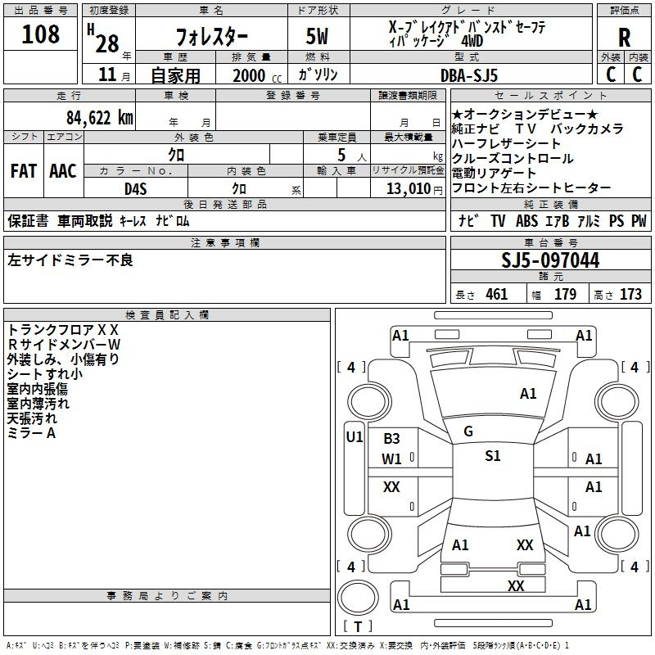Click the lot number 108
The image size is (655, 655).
point(40,34)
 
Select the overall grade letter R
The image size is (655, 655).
point(624,38)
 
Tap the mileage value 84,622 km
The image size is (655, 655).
point(100,118)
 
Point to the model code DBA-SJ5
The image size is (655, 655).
point(469,75)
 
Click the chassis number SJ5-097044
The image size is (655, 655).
point(550,260)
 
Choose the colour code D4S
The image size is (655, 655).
point(136,189)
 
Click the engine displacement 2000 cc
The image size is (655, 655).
point(257,76)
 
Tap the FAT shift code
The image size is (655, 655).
point(24,171)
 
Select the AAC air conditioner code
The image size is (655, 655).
point(63,171)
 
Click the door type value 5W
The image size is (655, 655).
point(317,36)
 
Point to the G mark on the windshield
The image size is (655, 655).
point(468,431)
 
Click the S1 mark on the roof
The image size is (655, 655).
point(493,456)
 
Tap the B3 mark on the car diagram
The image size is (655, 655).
point(391,439)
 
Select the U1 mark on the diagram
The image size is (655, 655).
point(355,437)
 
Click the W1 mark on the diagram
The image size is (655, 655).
point(391,459)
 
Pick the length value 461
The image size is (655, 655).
point(497,294)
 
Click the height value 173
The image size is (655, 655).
point(630,294)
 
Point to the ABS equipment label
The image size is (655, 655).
point(526,221)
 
